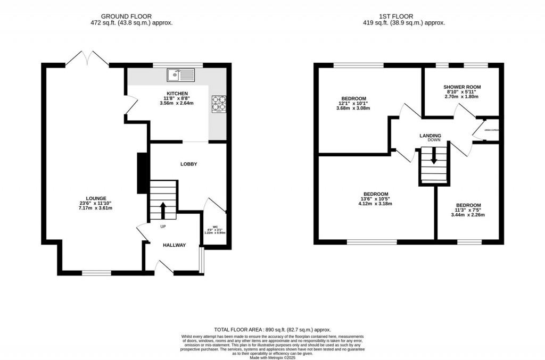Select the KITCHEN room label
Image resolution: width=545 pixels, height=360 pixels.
click(176, 93)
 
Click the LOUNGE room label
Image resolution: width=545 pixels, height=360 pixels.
click(96, 198)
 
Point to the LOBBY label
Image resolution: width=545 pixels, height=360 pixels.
click(188, 164)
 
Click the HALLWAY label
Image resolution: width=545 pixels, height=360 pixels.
click(174, 245)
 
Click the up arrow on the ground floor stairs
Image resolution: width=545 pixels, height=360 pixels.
click(163, 208)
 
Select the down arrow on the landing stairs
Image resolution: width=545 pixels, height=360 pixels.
click(434, 157)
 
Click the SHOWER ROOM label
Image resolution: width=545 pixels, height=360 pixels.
click(462, 87)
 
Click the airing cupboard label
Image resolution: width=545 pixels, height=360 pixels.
click(491, 130)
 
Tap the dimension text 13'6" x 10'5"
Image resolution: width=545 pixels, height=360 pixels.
click(375, 199)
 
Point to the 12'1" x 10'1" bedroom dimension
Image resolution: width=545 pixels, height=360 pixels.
click(353, 103)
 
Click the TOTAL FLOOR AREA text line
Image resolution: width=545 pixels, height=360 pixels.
click(272, 330)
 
